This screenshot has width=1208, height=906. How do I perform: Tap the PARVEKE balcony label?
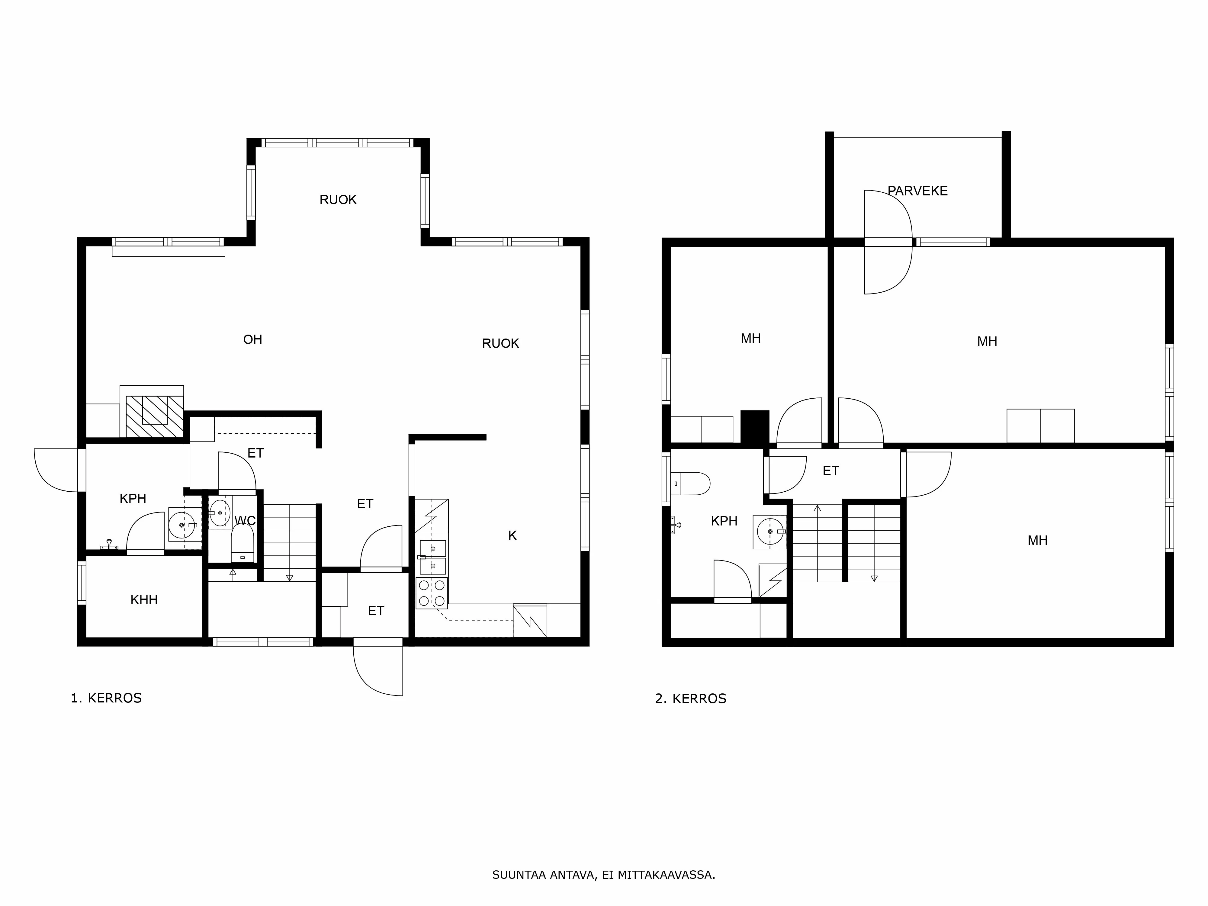(x=917, y=191)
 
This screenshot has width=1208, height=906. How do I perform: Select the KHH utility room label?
(x=144, y=600)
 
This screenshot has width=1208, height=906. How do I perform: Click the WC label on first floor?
(x=245, y=520)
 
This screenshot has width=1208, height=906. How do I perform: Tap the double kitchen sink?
(x=432, y=557)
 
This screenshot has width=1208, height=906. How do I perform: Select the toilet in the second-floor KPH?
(x=691, y=483)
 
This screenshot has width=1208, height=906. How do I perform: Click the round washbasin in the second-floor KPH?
(x=770, y=531)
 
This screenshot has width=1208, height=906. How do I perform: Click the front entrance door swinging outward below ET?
(x=378, y=671)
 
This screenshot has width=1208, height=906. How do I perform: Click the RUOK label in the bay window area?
(x=338, y=200)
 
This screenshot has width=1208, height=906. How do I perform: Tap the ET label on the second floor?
(x=830, y=471)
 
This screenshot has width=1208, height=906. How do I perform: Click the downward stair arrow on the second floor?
(x=874, y=578)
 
